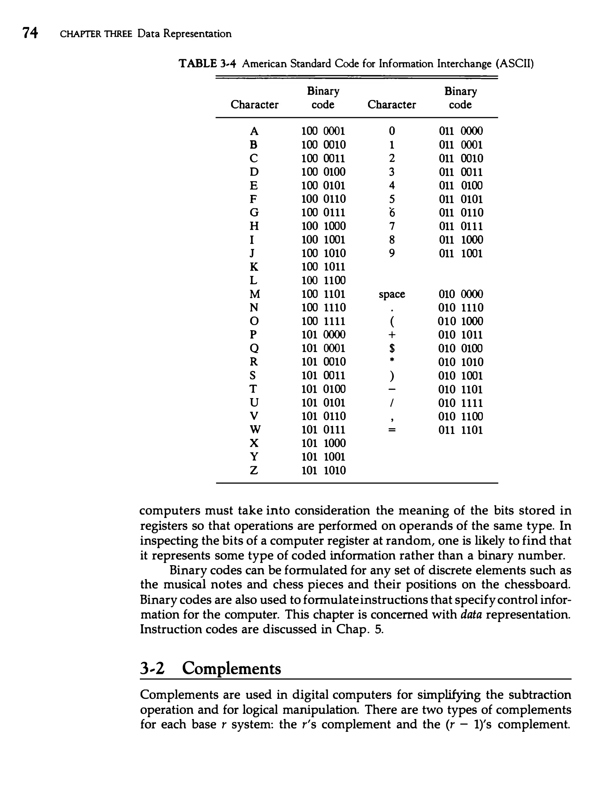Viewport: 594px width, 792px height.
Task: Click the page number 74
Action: click(30, 33)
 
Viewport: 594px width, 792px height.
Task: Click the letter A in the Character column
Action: click(254, 131)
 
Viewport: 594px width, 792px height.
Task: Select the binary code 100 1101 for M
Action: click(323, 294)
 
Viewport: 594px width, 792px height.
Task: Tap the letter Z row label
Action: click(254, 470)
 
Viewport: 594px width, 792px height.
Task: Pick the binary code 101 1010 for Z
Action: click(324, 470)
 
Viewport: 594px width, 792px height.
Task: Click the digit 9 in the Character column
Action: click(392, 254)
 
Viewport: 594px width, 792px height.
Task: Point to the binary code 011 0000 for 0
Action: click(461, 131)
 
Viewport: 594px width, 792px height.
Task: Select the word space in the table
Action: click(392, 294)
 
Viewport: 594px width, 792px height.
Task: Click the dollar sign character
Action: click(392, 348)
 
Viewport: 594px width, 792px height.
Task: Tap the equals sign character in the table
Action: click(392, 430)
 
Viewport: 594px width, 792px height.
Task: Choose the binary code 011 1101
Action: click(461, 430)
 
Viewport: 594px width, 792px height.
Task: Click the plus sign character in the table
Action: click(392, 335)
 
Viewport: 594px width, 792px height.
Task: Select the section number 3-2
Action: click(152, 668)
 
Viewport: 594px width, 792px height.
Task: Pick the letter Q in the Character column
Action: click(254, 348)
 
